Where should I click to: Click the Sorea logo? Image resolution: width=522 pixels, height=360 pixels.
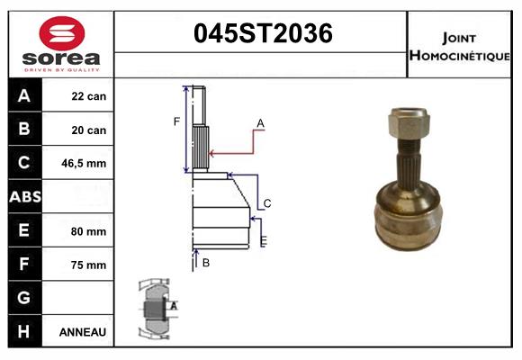(61, 44)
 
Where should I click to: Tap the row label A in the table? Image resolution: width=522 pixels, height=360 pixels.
(24, 96)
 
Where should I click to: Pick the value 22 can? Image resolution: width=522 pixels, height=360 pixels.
(89, 96)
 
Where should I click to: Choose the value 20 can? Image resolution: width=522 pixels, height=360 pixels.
(89, 130)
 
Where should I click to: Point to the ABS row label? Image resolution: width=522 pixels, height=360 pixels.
(24, 197)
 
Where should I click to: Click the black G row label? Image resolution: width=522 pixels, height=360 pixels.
(24, 298)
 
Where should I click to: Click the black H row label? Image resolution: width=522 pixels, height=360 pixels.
(24, 332)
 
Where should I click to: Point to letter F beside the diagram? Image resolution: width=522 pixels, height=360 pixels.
(177, 121)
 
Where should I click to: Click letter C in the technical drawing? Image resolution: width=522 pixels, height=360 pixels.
(267, 203)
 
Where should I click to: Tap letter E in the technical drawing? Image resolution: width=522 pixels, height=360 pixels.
(263, 241)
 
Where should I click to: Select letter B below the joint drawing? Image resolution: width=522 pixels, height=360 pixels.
(206, 263)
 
